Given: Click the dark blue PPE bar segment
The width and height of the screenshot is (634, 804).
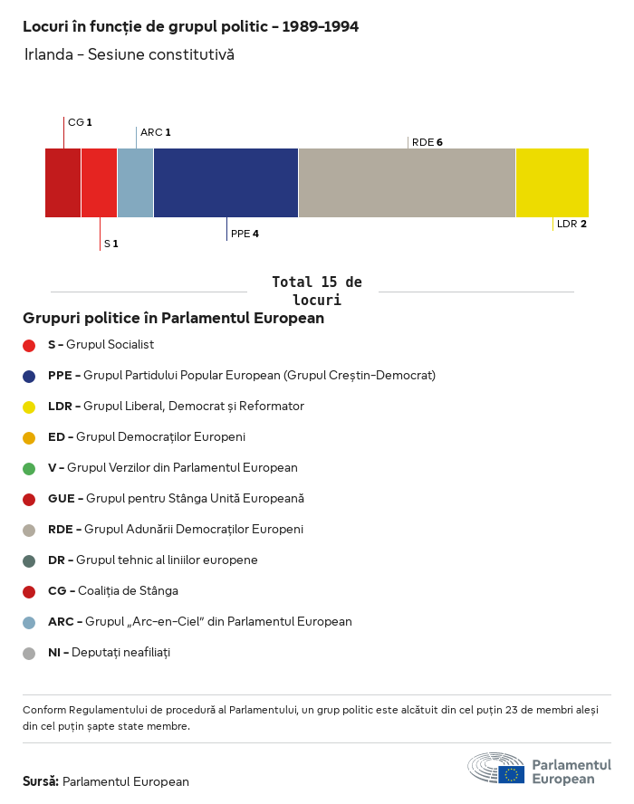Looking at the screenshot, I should pos(226,182).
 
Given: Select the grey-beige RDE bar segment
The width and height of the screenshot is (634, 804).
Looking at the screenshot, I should pos(407,182).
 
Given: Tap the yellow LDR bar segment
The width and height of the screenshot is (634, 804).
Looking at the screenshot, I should pos(552,182).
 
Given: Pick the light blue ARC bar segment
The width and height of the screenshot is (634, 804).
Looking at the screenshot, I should pos(135,182).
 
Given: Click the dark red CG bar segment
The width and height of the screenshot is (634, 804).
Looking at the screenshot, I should pos(62,182).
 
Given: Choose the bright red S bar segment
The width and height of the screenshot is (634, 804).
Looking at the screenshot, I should pos(99,182).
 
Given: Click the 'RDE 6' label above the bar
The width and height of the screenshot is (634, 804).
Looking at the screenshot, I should pos(427,142).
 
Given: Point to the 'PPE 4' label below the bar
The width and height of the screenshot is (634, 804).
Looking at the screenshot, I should pos(245,234).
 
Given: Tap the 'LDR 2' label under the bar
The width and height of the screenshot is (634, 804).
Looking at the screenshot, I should pos(572,224).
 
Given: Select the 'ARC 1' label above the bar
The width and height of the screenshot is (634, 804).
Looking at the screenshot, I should pos(155,132).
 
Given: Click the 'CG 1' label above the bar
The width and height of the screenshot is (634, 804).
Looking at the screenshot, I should pos(80,121).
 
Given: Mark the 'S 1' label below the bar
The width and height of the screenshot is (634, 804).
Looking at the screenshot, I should pos(110,244).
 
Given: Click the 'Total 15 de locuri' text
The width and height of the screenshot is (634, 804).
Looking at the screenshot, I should pos(316,291).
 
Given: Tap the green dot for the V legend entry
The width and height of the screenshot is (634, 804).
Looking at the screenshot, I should pos(29,468).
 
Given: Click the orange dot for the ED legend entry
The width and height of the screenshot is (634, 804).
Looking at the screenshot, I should pos(29,437).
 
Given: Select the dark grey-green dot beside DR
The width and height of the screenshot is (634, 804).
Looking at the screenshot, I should pos(29,560).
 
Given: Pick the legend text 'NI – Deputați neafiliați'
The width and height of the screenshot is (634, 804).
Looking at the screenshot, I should pos(109,653).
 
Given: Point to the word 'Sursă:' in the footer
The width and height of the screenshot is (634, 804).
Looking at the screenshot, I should pos(41,781).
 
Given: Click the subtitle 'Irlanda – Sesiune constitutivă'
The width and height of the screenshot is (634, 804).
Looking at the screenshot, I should pos(129,54).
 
